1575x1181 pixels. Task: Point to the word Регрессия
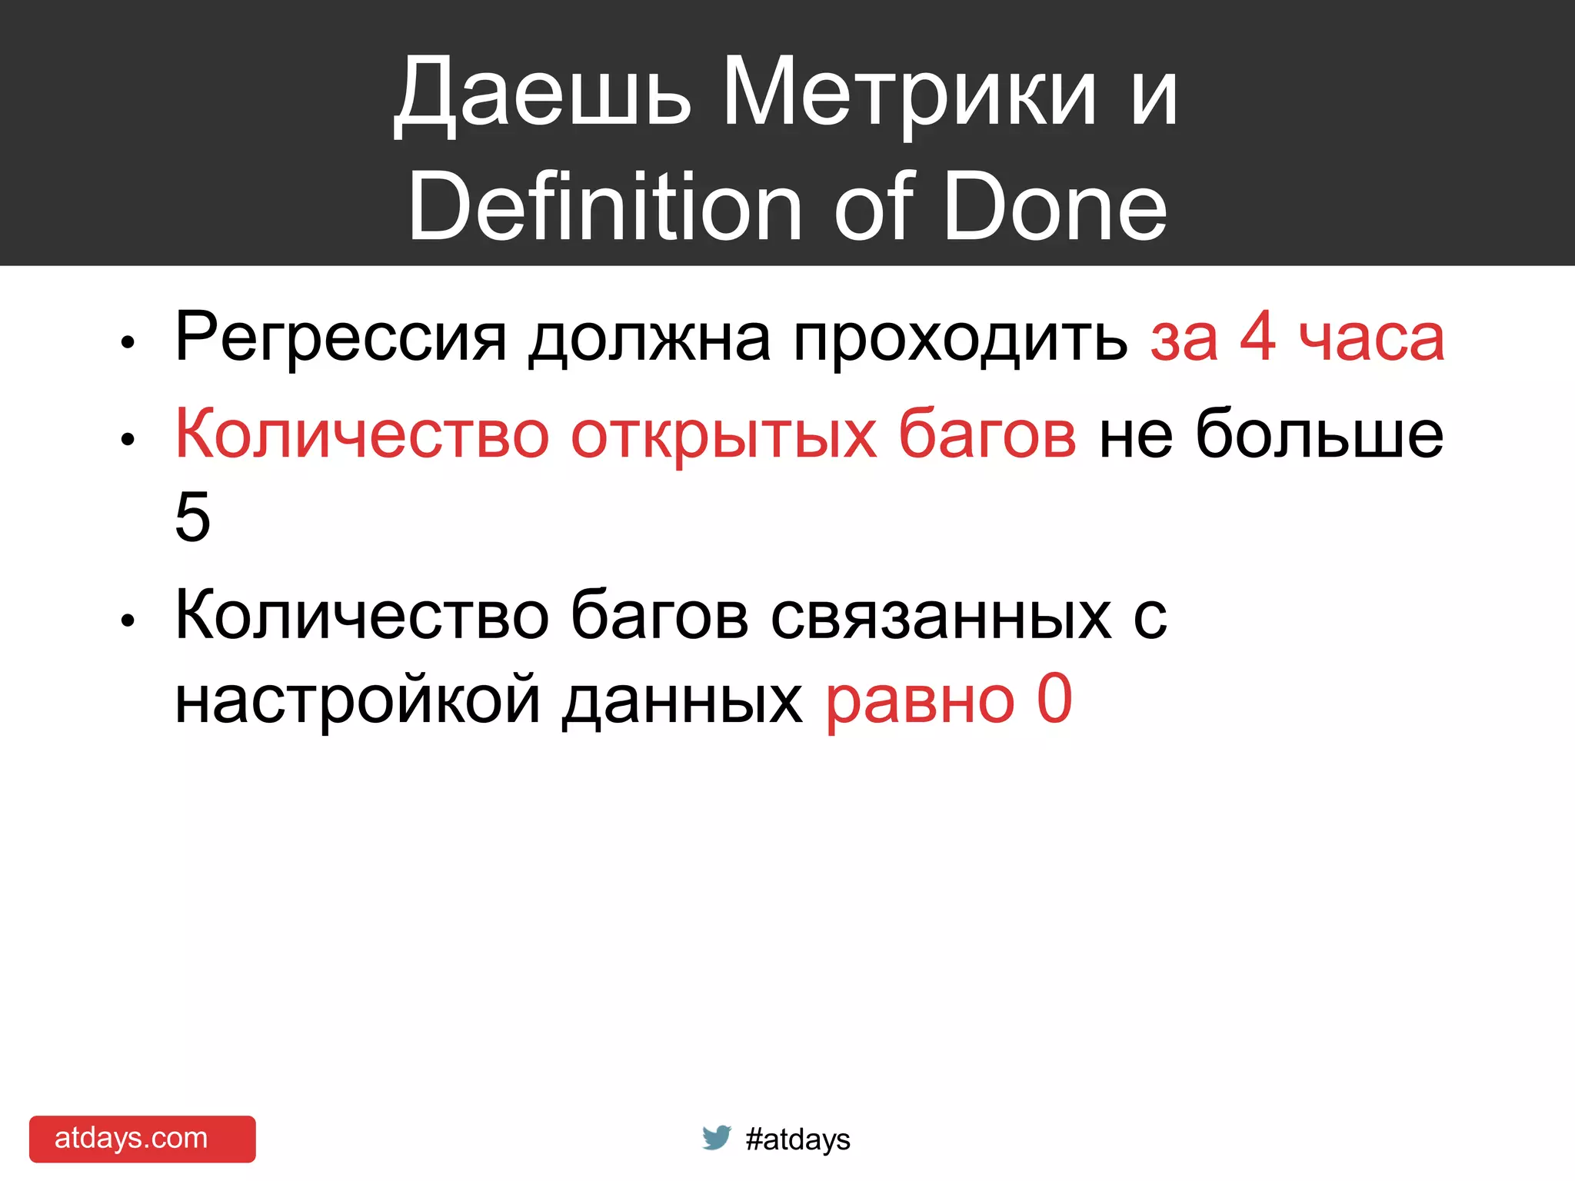pos(341,338)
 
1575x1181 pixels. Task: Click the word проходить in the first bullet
pos(961,338)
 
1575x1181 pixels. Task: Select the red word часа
pos(1372,338)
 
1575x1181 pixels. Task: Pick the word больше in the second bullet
pos(1319,434)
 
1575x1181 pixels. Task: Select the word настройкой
pos(358,700)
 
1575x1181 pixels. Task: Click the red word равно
pos(920,700)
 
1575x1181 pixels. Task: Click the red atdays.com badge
pos(142,1139)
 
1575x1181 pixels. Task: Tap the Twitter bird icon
pos(716,1137)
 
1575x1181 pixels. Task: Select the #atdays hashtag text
pos(797,1139)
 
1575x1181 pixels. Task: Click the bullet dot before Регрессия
pos(128,342)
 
